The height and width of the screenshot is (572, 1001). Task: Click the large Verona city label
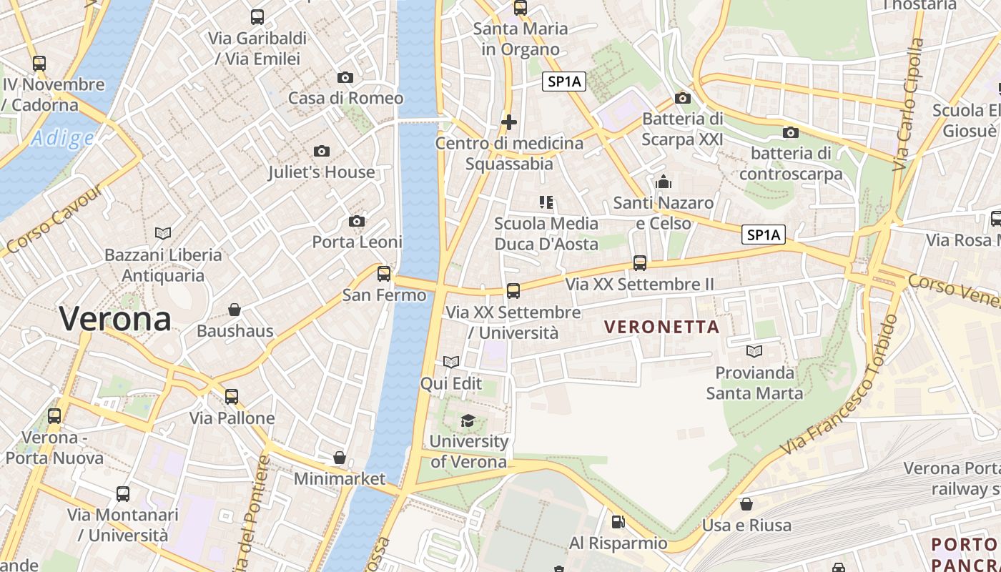[x=115, y=318]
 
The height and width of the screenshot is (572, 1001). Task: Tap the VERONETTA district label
[x=661, y=327]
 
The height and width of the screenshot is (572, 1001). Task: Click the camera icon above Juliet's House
[x=322, y=151]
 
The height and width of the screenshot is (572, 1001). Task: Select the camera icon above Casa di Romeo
[x=345, y=77]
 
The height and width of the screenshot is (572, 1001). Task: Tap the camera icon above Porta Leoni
[x=357, y=221]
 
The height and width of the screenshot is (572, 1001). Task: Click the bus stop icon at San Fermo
[x=384, y=273]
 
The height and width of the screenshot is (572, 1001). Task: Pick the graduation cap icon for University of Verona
[x=468, y=420]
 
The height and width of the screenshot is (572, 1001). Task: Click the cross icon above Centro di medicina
[x=509, y=122]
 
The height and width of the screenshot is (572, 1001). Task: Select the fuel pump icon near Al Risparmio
[x=618, y=522]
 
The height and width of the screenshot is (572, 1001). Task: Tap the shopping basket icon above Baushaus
[x=235, y=310]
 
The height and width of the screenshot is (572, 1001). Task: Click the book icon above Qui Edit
[x=450, y=363]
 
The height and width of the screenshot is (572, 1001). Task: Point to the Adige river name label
[x=62, y=138]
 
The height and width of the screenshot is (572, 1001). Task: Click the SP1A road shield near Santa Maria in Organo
[x=564, y=82]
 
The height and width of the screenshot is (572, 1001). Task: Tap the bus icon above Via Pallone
[x=232, y=397]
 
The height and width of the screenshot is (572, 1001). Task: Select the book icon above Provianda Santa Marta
[x=754, y=351]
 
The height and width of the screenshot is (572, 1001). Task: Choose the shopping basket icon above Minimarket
[x=340, y=458]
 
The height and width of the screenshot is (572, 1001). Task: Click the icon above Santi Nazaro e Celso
[x=664, y=182]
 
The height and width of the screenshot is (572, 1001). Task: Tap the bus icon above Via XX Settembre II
[x=640, y=263]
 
